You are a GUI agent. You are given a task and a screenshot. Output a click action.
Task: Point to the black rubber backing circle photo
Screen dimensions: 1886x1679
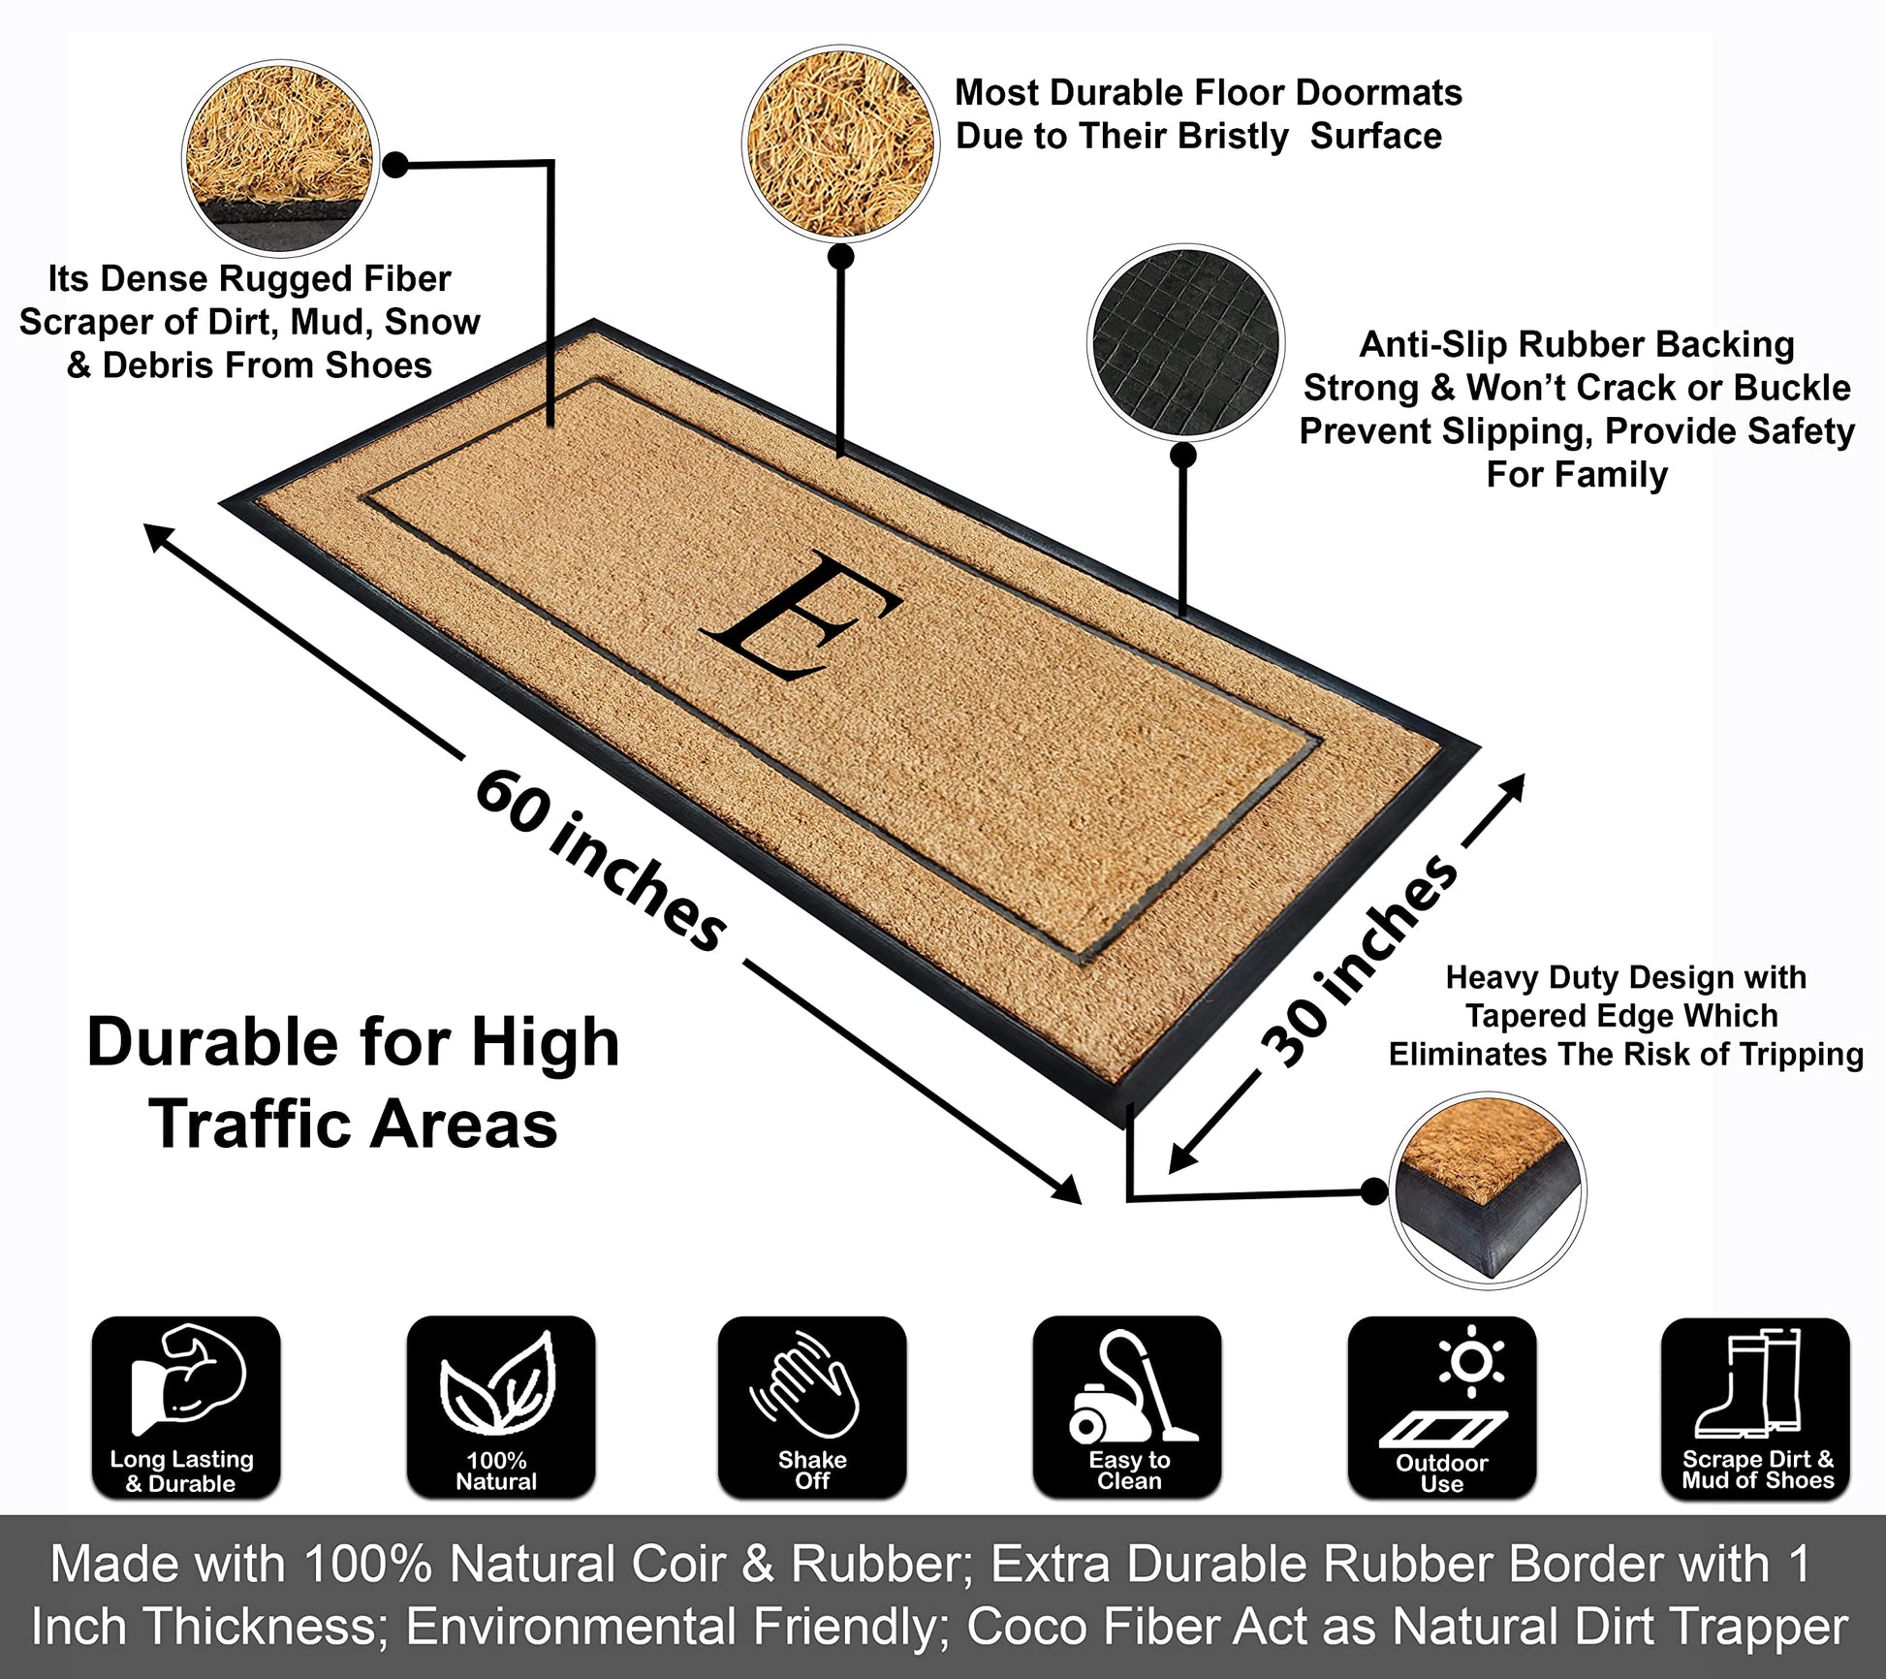tap(1185, 343)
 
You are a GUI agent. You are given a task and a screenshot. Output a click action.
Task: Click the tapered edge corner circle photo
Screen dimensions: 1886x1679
tap(1488, 1190)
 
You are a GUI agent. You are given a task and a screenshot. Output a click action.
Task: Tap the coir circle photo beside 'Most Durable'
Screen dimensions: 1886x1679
tap(840, 143)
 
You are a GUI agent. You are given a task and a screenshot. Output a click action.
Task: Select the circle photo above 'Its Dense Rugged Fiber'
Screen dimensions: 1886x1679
tap(280, 158)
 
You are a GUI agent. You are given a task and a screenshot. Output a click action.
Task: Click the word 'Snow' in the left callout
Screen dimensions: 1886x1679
tap(432, 322)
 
